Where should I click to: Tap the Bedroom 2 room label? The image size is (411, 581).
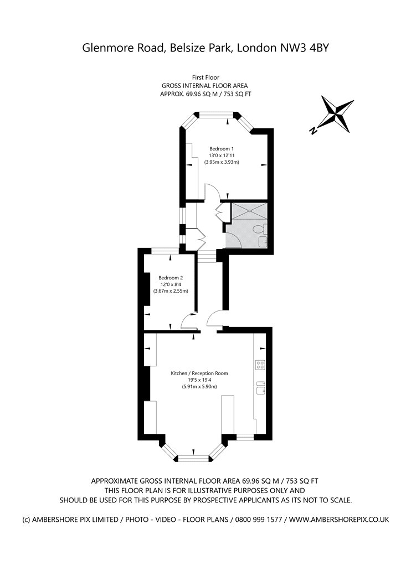(x=171, y=278)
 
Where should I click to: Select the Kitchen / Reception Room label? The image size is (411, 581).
(x=199, y=373)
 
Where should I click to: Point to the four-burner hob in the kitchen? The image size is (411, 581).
(x=260, y=365)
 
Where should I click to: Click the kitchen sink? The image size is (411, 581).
(x=260, y=387)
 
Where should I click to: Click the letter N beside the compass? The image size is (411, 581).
(x=314, y=130)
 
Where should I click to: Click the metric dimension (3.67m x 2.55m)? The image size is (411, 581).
(x=171, y=291)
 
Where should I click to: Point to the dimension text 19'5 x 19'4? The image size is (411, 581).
(x=199, y=380)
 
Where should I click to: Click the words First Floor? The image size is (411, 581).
(x=206, y=77)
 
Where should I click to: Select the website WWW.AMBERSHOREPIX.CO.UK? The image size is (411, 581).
(x=339, y=520)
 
